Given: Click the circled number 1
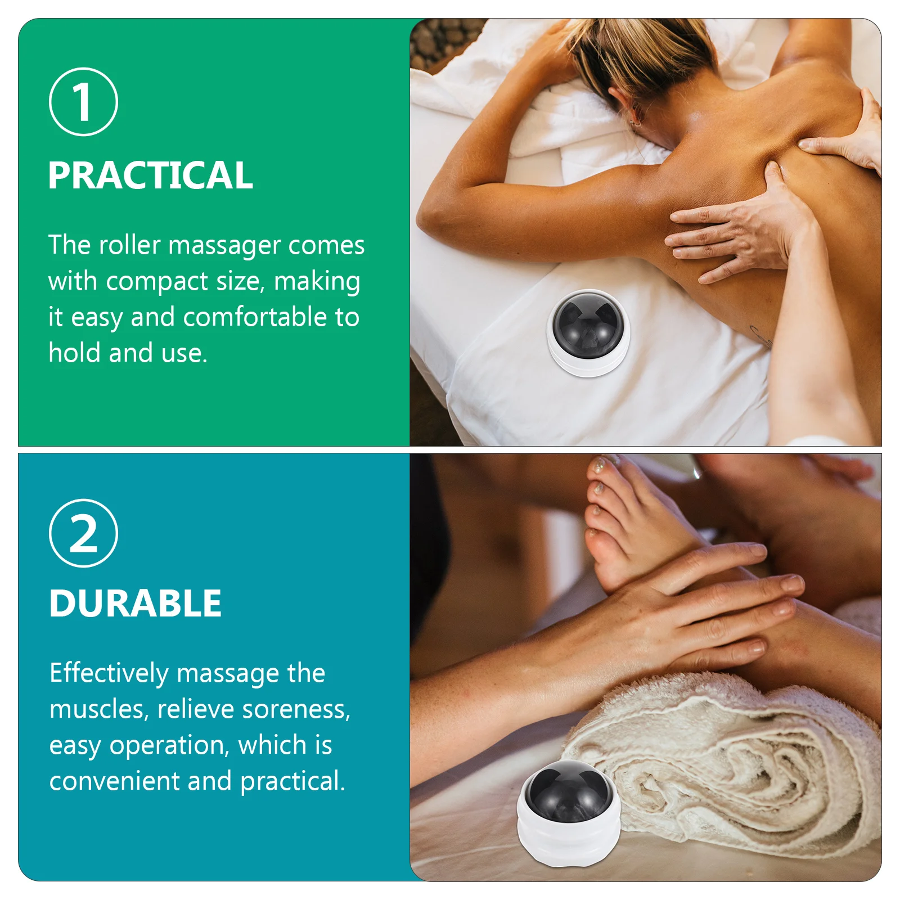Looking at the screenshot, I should [83, 102].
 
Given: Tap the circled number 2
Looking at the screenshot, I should [83, 533].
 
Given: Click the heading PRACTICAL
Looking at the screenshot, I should [150, 175].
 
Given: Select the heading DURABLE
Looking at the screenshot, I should [135, 604].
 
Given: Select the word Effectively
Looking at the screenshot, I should [109, 673].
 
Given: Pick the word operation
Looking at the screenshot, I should [167, 746].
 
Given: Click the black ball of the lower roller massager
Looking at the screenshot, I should [568, 791].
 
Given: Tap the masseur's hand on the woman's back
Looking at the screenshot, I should [742, 231].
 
